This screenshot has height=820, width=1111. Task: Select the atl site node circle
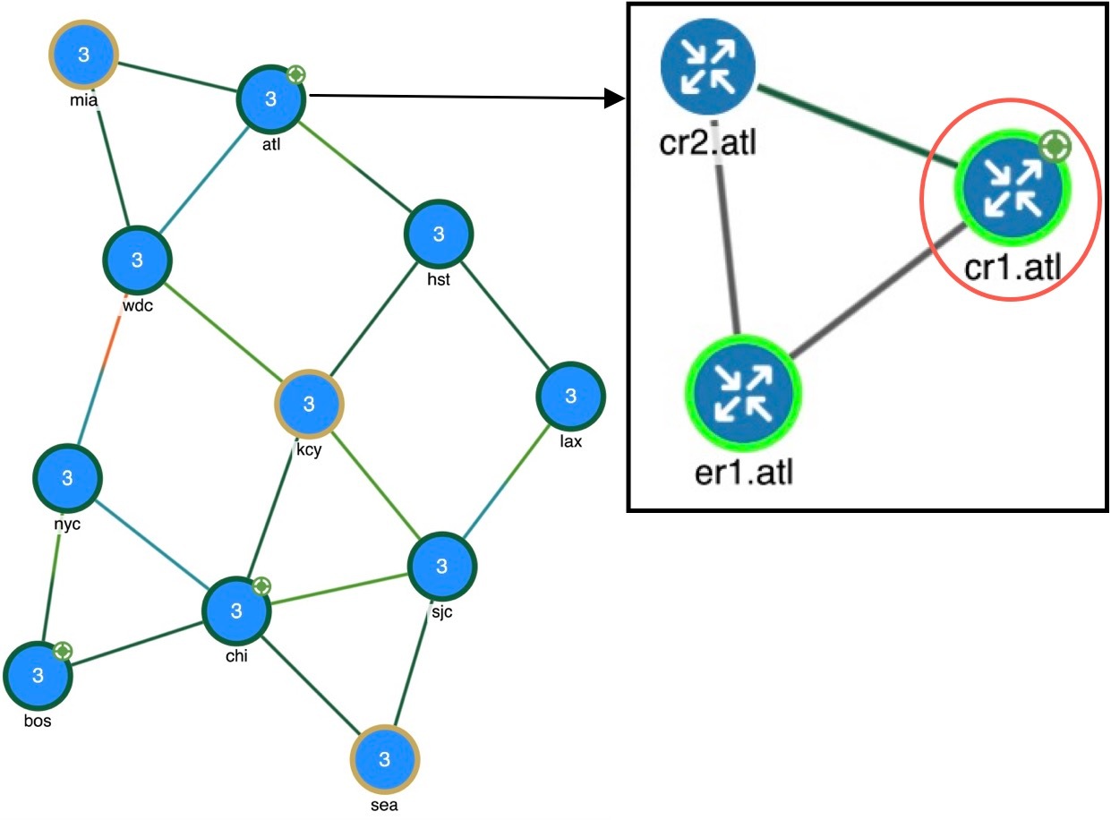tap(271, 98)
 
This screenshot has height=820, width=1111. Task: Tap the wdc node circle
tap(137, 261)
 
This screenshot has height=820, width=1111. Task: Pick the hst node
tap(439, 235)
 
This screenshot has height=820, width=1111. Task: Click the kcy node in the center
tap(309, 404)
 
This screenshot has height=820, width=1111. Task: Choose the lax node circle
tap(570, 396)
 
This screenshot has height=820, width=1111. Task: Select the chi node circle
tap(237, 611)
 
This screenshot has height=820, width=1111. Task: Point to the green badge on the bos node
tap(63, 651)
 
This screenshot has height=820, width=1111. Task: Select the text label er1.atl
tap(743, 471)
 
